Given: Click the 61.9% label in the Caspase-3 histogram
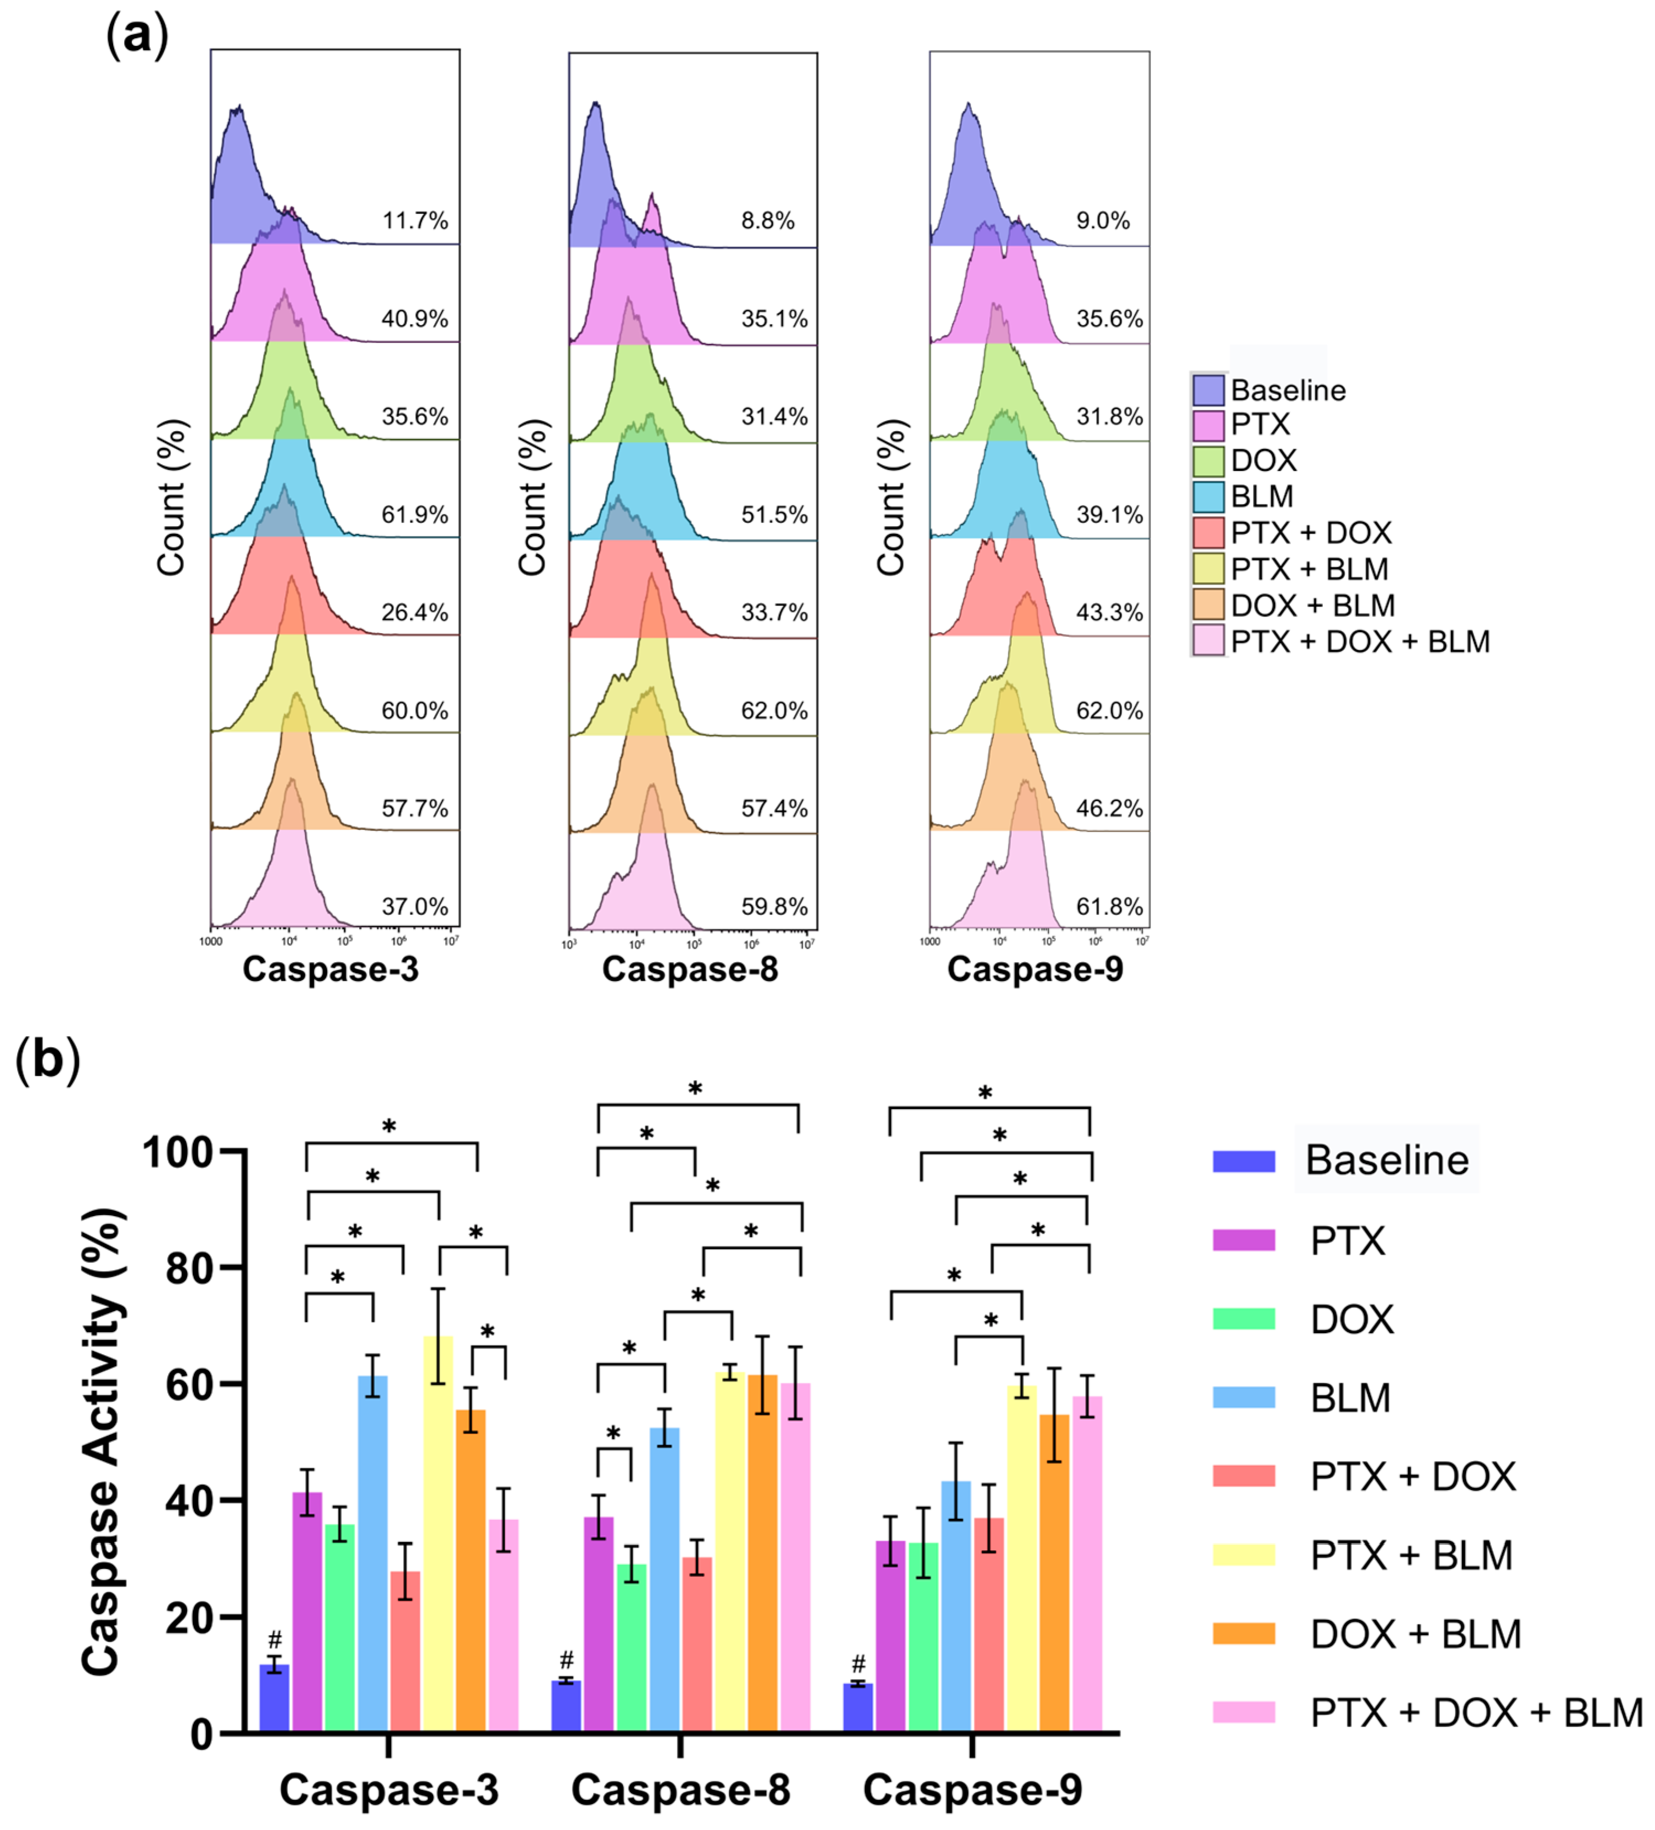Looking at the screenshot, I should [415, 514].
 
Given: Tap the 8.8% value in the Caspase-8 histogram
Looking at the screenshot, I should [767, 221].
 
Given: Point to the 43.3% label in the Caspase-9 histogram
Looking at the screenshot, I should [1109, 613].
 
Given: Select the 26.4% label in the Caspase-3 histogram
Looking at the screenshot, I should [415, 613].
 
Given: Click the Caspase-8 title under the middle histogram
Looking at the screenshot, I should [690, 969].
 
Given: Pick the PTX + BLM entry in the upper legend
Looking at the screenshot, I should [1309, 569].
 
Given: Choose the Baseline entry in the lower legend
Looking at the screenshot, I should [1386, 1160].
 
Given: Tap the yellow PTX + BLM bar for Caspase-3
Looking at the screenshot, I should [438, 1534].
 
